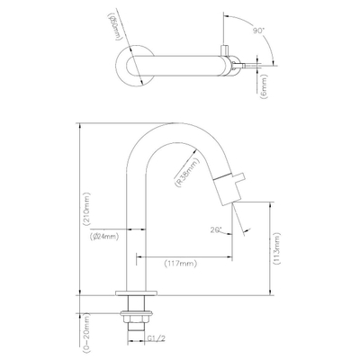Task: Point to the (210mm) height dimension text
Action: [85, 209]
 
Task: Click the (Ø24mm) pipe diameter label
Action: [104, 238]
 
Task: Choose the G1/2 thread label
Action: [155, 339]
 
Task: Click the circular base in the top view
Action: [128, 65]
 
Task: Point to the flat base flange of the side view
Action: [139, 294]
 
